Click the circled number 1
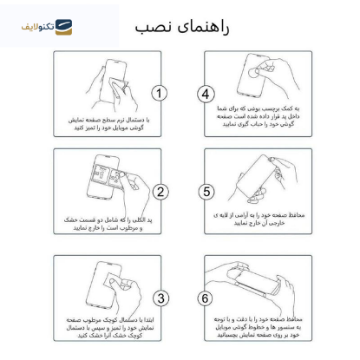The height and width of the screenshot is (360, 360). pos(160,93)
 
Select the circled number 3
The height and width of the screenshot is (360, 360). pos(160,297)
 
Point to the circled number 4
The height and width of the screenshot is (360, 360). pos(206,93)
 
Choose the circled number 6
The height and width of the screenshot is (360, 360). pos(206,297)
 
